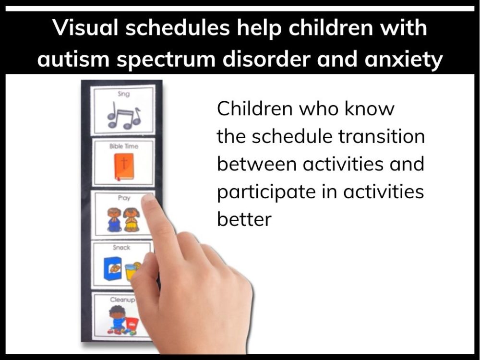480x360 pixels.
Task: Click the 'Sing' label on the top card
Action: click(x=124, y=95)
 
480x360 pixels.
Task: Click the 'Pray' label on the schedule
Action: click(x=124, y=197)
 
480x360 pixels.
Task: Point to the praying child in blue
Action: click(x=114, y=220)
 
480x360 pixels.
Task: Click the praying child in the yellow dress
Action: click(x=132, y=220)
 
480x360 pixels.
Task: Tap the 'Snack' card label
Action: click(x=121, y=248)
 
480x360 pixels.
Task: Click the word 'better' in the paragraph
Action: click(x=244, y=219)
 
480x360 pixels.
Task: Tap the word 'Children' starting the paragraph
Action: click(x=254, y=109)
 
